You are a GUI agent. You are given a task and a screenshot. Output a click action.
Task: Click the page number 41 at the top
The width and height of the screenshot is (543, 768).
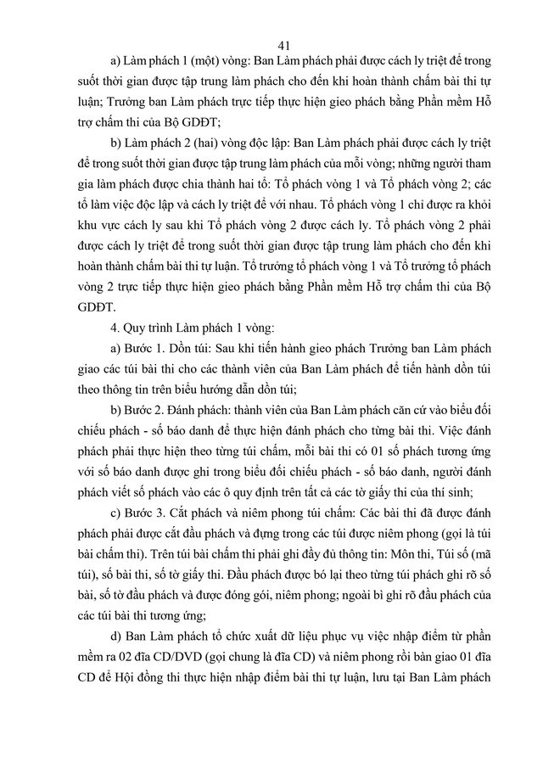284,45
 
